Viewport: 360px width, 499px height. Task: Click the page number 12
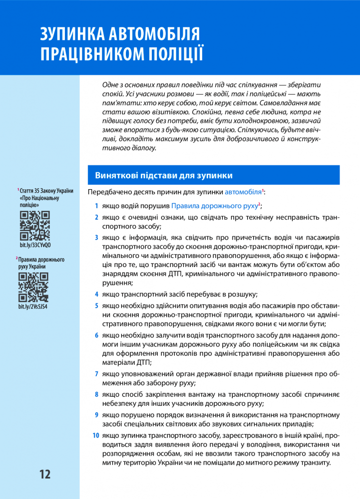(x=44, y=474)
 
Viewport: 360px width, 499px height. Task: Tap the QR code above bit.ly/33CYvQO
(x=34, y=226)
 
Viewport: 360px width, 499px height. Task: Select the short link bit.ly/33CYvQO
(x=35, y=246)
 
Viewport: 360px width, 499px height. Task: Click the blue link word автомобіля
(x=243, y=192)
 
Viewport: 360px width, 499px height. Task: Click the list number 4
(x=96, y=294)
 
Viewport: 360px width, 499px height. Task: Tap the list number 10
(x=95, y=436)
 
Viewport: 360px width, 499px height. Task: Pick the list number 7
(x=96, y=373)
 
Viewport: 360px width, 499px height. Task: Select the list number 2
(x=96, y=217)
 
